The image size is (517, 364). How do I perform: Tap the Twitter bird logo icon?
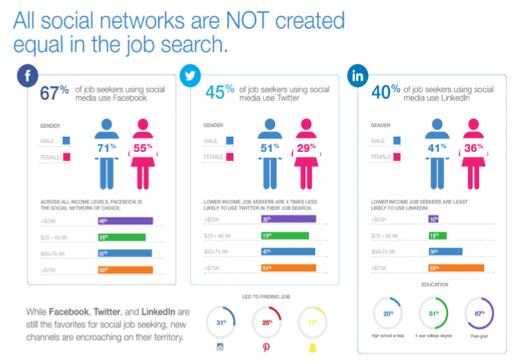[190, 76]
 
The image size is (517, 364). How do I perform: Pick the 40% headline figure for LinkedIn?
[386, 94]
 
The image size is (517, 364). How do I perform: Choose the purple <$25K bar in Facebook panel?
[120, 221]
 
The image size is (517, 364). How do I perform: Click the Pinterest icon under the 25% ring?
[266, 347]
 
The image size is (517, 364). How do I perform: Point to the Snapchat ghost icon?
[311, 347]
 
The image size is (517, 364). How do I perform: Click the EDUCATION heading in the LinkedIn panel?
[434, 285]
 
